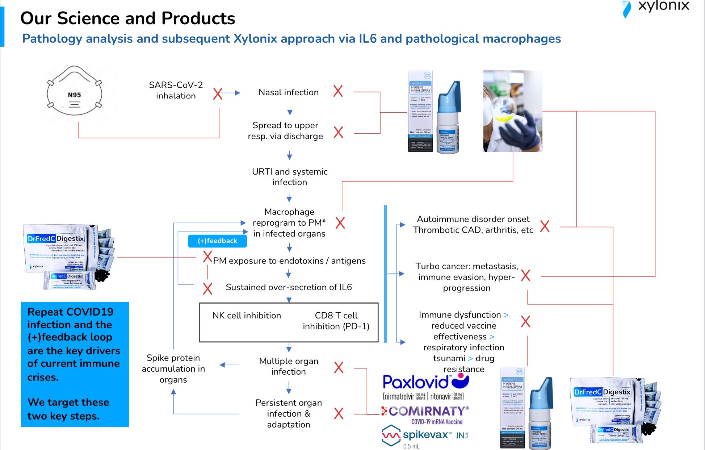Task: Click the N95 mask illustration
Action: (74, 92)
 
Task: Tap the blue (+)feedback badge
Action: (217, 241)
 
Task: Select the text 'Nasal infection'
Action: (289, 92)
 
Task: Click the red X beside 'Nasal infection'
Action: (338, 91)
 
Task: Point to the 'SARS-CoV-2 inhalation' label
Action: (176, 90)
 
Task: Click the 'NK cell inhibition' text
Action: (247, 316)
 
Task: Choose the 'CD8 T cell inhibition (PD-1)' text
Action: (336, 321)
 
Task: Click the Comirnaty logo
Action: (425, 414)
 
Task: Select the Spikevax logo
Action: (424, 436)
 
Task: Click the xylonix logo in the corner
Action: (655, 7)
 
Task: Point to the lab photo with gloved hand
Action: (512, 111)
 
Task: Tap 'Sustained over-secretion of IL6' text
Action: (289, 287)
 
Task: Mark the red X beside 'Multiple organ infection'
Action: (339, 367)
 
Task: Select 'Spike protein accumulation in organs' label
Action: (173, 368)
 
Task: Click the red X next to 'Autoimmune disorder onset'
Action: (545, 226)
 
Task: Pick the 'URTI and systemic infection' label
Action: (290, 177)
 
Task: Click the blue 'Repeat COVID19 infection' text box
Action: (75, 364)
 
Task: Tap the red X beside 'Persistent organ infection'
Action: (339, 413)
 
